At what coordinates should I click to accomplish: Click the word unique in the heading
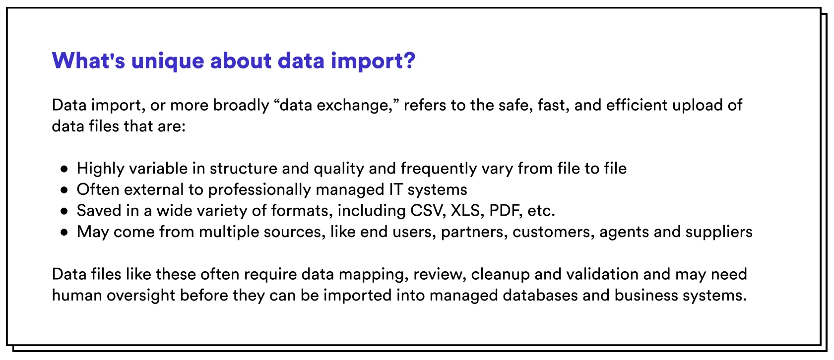(x=167, y=61)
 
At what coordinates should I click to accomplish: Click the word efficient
(x=637, y=105)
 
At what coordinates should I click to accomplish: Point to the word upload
(x=698, y=106)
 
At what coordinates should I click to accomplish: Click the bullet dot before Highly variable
(x=64, y=169)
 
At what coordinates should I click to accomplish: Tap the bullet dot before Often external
(x=64, y=190)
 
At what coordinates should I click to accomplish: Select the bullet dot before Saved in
(x=64, y=211)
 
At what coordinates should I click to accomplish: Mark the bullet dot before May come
(x=64, y=232)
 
